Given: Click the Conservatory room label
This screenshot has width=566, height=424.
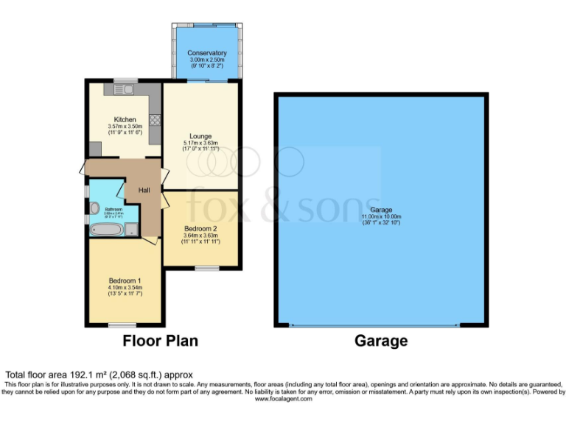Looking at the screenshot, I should point(206,53).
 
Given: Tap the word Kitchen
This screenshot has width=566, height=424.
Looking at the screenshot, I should point(125,119).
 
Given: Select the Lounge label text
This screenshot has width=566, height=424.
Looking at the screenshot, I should point(200,136).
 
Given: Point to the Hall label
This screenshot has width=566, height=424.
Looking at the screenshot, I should point(144,191).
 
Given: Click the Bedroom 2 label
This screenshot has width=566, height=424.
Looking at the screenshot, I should point(200,228).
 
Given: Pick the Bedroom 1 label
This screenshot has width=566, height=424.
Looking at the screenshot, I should point(125,281).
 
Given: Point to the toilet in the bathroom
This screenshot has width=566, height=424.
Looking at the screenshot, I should point(94,208).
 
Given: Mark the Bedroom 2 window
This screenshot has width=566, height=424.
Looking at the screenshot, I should point(206,268).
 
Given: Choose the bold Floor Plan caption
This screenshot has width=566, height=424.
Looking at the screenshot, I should point(160,342).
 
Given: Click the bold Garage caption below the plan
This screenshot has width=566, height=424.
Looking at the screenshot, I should point(381,342).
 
